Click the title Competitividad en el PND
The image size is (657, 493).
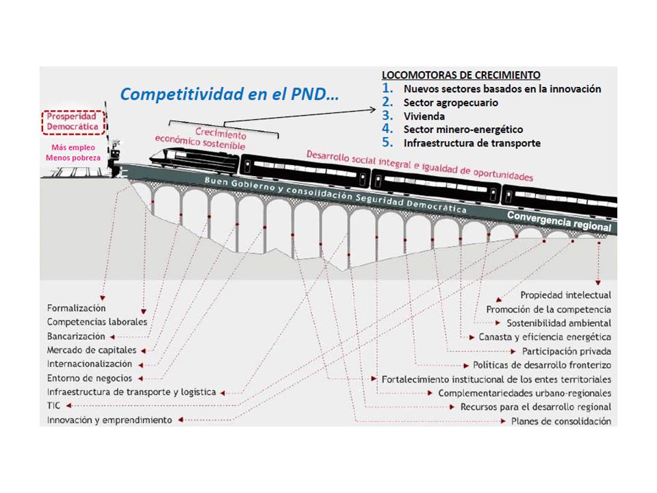pos(229,94)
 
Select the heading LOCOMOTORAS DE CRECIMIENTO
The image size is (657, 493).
pos(461,75)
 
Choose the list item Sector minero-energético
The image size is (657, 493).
pos(463,129)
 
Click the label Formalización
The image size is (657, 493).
pos(76,308)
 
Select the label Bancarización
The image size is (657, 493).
pos(76,336)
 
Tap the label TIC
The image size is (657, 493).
pos(54,405)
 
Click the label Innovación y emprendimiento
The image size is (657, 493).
pos(109,420)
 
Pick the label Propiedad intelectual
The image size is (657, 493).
pos(565,295)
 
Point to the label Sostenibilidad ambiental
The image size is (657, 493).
pos(558,323)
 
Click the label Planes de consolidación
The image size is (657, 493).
pos(561,421)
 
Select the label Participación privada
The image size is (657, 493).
pos(566,351)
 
